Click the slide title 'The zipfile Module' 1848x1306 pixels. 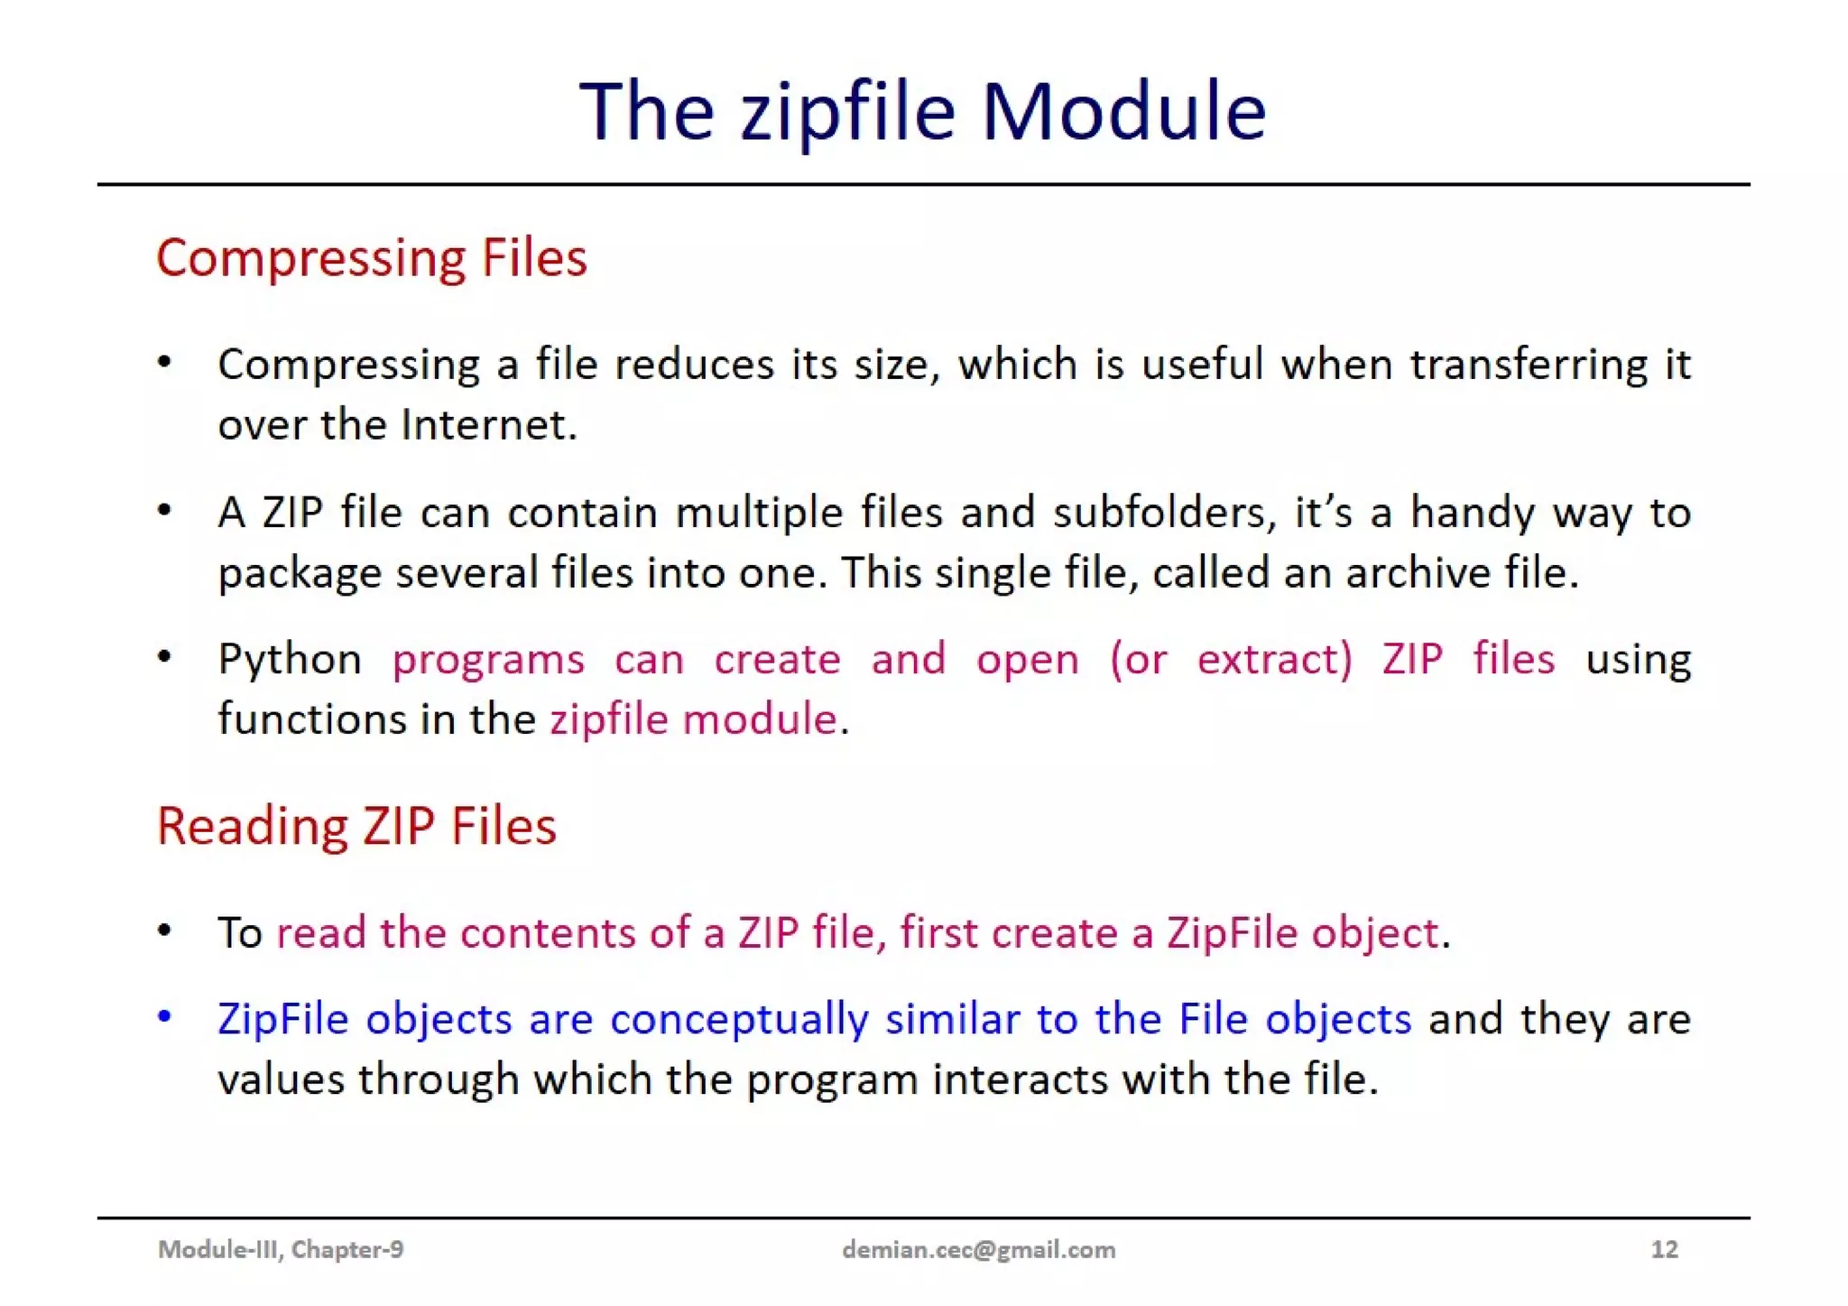point(922,111)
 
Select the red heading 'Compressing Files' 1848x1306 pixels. point(371,258)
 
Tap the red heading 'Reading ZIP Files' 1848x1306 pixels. point(356,826)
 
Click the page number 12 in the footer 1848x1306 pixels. point(1664,1249)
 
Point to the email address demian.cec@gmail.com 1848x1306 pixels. point(978,1249)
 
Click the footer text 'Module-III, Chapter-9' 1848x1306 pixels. point(281,1249)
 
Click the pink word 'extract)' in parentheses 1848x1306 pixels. point(1274,659)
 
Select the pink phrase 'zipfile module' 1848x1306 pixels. point(693,719)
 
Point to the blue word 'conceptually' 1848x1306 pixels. point(739,1020)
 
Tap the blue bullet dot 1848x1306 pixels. point(164,1017)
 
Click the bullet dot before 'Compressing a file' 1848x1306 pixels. point(164,363)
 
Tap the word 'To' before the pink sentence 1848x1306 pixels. point(239,933)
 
